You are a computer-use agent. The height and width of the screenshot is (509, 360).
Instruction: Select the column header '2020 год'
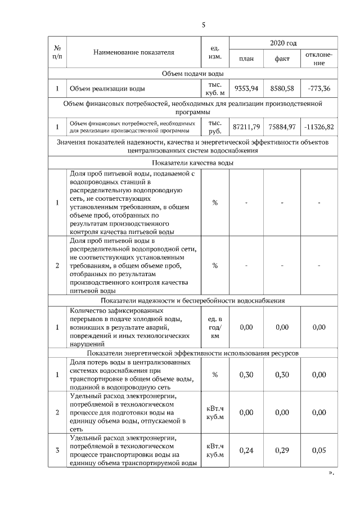click(283, 43)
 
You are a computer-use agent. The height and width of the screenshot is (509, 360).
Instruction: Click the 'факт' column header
click(282, 59)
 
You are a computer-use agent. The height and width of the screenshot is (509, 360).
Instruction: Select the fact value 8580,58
click(282, 88)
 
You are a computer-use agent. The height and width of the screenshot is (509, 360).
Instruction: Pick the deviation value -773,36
click(319, 88)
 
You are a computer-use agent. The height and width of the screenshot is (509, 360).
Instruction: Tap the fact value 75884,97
click(282, 127)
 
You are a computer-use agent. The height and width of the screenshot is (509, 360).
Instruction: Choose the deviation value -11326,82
click(319, 127)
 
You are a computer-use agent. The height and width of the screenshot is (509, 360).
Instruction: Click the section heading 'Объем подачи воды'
click(192, 74)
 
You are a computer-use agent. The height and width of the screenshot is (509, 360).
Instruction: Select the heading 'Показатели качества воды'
click(192, 163)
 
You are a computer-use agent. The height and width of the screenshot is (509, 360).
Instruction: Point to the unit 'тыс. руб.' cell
click(215, 127)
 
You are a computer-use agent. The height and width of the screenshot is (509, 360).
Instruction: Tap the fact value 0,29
click(282, 450)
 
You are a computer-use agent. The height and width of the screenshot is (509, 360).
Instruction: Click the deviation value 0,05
click(319, 450)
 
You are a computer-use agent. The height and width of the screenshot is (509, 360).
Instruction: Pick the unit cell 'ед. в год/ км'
click(215, 327)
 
